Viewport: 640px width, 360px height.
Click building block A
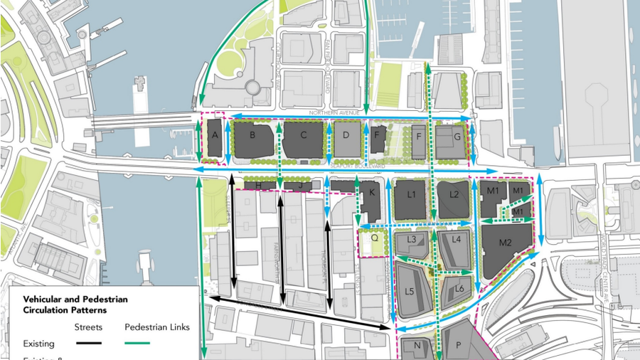213,135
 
